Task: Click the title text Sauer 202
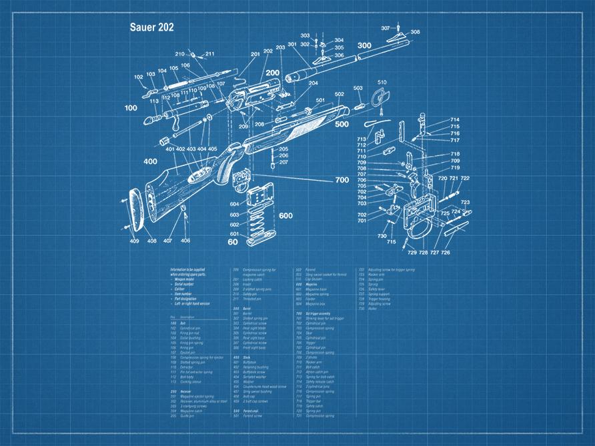pyautogui.click(x=152, y=28)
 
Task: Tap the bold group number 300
pyautogui.click(x=364, y=45)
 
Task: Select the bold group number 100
pyautogui.click(x=131, y=107)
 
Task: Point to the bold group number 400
pyautogui.click(x=149, y=161)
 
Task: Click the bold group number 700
pyautogui.click(x=342, y=180)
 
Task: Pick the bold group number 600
pyautogui.click(x=285, y=215)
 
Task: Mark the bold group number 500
pyautogui.click(x=342, y=124)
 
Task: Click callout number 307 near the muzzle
pyautogui.click(x=386, y=28)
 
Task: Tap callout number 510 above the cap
pyautogui.click(x=382, y=83)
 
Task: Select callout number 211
pyautogui.click(x=209, y=54)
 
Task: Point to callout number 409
pyautogui.click(x=134, y=241)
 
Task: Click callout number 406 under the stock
pyautogui.click(x=185, y=241)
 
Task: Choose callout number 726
pyautogui.click(x=445, y=253)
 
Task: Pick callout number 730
pyautogui.click(x=382, y=236)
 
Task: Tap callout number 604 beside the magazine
pyautogui.click(x=234, y=204)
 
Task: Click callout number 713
pyautogui.click(x=362, y=139)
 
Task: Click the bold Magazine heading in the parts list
pyautogui.click(x=306, y=284)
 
